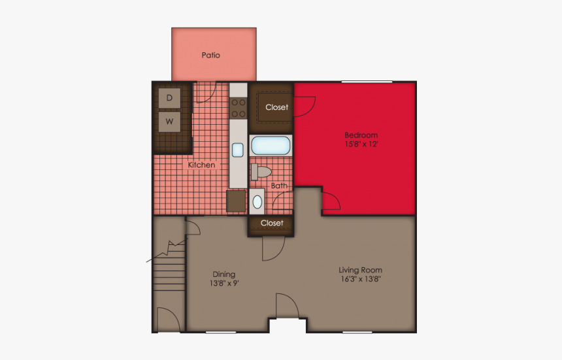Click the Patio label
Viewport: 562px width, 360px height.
(210, 56)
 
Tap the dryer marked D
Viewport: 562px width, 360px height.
(170, 98)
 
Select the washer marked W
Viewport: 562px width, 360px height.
(170, 121)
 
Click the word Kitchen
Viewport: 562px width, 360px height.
(201, 165)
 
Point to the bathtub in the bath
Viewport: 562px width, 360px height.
(271, 145)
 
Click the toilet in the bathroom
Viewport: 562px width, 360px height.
(262, 172)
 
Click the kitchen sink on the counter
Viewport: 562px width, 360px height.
(237, 150)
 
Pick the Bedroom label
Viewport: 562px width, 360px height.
(361, 135)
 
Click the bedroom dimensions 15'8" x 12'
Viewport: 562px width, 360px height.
(361, 144)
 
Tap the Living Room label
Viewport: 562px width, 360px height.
(360, 270)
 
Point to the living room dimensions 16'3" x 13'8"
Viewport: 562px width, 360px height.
(360, 279)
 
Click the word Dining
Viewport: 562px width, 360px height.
(223, 274)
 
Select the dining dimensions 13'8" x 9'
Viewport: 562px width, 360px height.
(223, 284)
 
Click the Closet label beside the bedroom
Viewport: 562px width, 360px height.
(276, 107)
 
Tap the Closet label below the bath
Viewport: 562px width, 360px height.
(272, 223)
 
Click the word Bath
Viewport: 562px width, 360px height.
(279, 186)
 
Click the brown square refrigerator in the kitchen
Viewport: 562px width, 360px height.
(236, 201)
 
